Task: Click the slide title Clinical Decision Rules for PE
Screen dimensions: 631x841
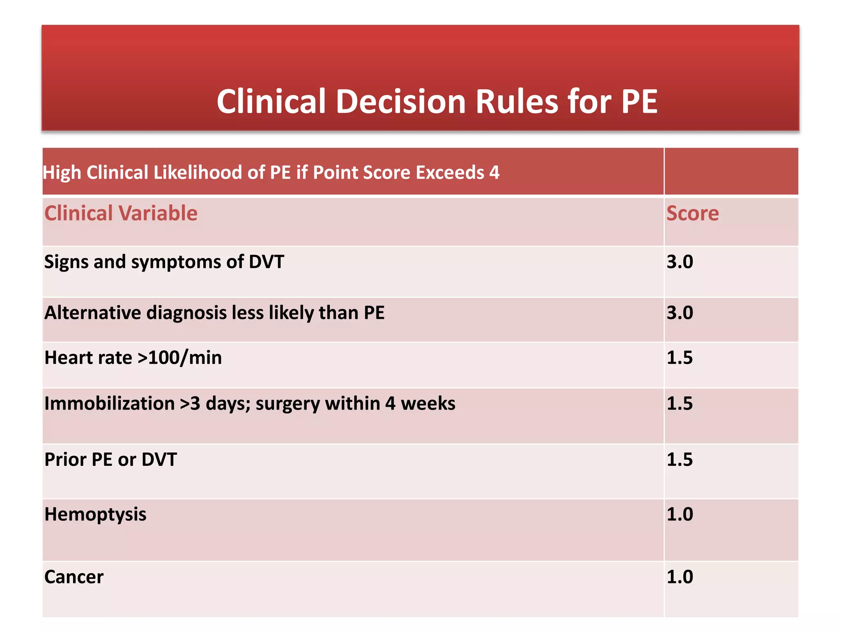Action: (437, 101)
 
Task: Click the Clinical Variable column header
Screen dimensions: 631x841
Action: (121, 213)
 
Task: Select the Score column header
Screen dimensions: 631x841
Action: (692, 213)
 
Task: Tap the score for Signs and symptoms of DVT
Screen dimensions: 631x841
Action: (680, 262)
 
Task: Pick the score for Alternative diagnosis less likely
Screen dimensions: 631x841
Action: (680, 313)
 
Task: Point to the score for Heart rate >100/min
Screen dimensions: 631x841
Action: (680, 357)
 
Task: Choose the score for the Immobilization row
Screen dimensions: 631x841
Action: (680, 403)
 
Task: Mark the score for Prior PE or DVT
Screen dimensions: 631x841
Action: (680, 459)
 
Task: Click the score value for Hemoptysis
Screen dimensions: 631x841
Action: (680, 514)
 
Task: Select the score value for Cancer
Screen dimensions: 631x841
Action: (680, 577)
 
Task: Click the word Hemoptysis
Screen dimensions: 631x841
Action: (95, 514)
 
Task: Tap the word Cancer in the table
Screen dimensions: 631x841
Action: (74, 577)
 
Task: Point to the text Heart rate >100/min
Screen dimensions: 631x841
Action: (133, 357)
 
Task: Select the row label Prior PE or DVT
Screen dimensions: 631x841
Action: (110, 459)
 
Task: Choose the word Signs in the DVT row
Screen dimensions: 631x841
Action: (66, 262)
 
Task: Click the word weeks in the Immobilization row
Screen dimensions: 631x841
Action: (428, 403)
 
